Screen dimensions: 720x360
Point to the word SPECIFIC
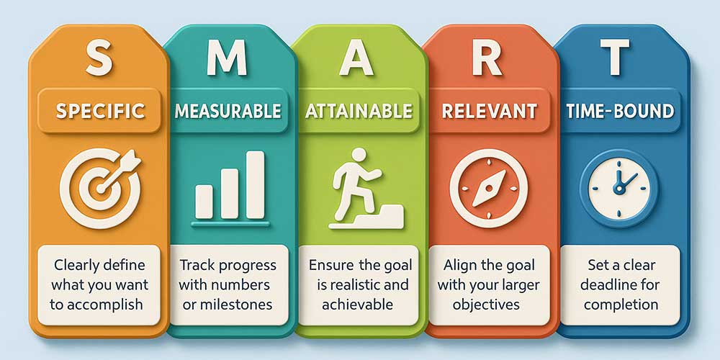(100, 111)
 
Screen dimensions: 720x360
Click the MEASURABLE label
(228, 111)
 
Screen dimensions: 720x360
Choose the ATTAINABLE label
(359, 111)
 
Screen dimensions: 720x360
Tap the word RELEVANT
(490, 111)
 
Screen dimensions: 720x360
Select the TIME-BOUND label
(620, 111)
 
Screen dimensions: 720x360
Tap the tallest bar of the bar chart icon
(255, 184)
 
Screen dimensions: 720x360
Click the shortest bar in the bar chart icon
(204, 202)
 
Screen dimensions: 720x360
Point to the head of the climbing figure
(359, 155)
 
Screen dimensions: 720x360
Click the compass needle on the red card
(489, 188)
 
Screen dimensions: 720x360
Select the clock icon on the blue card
(618, 188)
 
